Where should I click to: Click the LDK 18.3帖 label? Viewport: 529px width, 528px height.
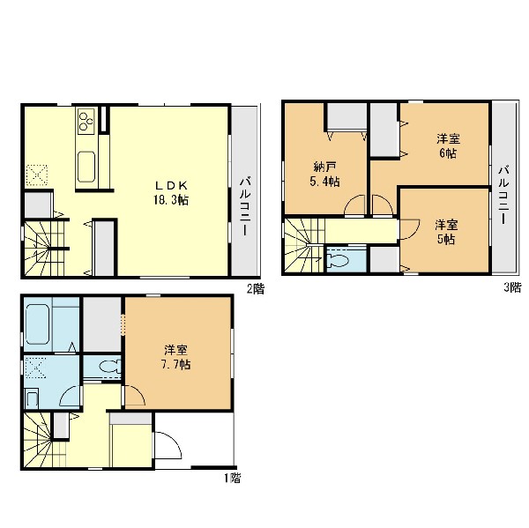(171, 193)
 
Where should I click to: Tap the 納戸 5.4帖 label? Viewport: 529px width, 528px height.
(324, 175)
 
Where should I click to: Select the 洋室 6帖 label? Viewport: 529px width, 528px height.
(448, 146)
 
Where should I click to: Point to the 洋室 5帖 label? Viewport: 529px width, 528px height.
(446, 232)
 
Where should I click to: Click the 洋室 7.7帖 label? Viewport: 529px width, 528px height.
(175, 358)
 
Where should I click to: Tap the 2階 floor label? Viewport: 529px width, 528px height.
(256, 289)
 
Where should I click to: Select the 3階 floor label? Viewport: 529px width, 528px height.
(512, 287)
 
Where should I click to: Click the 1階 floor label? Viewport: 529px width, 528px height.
(233, 478)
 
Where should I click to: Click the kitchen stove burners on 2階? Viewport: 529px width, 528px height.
(86, 119)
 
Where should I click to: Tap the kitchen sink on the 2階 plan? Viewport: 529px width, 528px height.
(86, 167)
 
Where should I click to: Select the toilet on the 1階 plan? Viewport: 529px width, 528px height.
(109, 366)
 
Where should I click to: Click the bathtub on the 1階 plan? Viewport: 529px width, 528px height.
(37, 323)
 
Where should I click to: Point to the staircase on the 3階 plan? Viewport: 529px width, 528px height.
(303, 245)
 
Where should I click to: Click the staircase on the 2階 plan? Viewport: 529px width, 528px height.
(44, 249)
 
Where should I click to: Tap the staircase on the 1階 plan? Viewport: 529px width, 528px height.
(43, 440)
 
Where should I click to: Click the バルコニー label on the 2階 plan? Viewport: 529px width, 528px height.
(245, 206)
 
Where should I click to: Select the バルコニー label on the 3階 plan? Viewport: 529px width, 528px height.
(504, 195)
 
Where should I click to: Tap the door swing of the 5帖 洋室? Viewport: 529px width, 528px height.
(409, 229)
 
